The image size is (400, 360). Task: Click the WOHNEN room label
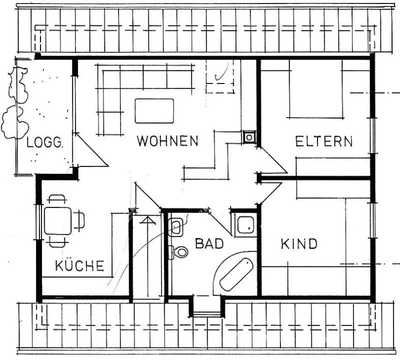coord(168,141)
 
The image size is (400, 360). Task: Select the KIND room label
coord(299,244)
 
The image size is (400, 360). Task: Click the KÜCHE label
coord(80,265)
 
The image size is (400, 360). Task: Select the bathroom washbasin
coord(176,227)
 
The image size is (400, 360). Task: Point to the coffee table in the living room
coord(154,111)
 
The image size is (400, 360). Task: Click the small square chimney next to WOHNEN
coord(248,136)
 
